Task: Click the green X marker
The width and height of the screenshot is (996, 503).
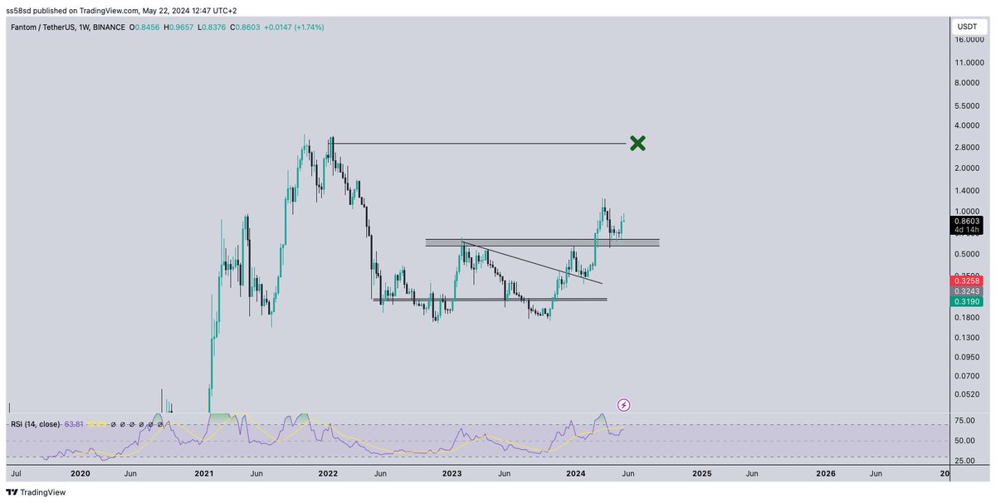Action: [x=637, y=144]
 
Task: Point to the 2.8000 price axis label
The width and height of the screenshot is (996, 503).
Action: [x=967, y=148]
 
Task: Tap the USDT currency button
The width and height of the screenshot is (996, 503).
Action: [x=967, y=27]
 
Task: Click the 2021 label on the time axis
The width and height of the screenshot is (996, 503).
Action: [x=204, y=474]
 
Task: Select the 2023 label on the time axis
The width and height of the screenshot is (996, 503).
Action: [x=452, y=474]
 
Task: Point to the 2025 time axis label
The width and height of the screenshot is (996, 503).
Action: [x=701, y=474]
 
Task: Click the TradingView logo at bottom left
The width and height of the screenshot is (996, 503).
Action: [x=37, y=492]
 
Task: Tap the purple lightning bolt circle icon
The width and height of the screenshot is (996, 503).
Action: [x=624, y=405]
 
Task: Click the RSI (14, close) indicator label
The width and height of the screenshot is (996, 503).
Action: [x=36, y=424]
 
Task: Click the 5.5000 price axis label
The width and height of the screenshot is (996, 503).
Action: [x=967, y=105]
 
